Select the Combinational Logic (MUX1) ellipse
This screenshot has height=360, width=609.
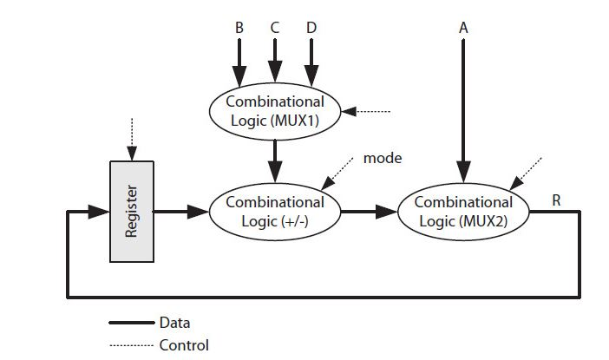coord(274,111)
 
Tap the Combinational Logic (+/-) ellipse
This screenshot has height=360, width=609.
coord(274,211)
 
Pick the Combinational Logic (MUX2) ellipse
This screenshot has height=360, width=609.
coord(463,211)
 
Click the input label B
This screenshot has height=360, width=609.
coord(239,28)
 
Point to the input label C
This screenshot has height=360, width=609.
coord(274,28)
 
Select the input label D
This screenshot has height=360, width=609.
coord(311,28)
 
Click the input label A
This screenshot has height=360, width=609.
coord(463,28)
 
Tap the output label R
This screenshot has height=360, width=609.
coord(556,200)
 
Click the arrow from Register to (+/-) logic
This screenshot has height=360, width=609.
coord(180,211)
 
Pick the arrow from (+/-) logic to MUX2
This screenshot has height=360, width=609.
coord(368,211)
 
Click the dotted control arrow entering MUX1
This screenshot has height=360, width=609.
coord(369,112)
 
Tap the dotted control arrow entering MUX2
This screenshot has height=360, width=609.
coord(527,172)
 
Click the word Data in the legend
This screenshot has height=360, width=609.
coord(175,322)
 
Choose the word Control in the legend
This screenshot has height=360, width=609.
coord(184,344)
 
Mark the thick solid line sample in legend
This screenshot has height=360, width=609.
coord(131,323)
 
